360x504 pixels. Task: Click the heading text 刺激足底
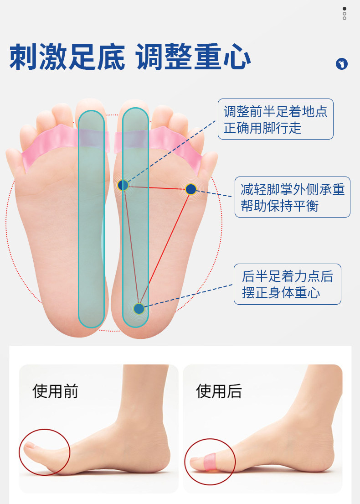point(67,57)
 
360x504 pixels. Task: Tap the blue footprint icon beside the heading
point(341,64)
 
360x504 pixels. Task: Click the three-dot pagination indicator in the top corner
point(345,13)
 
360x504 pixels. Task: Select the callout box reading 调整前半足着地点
point(275,119)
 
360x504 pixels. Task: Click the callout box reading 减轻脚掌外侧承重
point(292,197)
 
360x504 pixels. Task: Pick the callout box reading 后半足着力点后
point(287,284)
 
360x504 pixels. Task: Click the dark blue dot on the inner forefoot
point(123,185)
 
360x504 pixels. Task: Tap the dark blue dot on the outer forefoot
point(191,188)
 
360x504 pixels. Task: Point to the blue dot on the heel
point(139,309)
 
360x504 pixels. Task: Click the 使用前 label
point(55,391)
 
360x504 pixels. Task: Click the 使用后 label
point(219,391)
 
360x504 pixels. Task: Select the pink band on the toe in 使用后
point(211,461)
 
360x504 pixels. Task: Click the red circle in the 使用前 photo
point(44,452)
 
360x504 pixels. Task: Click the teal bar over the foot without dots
point(91,219)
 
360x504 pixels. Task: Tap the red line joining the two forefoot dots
point(157,187)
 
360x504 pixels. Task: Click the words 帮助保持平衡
point(279,206)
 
